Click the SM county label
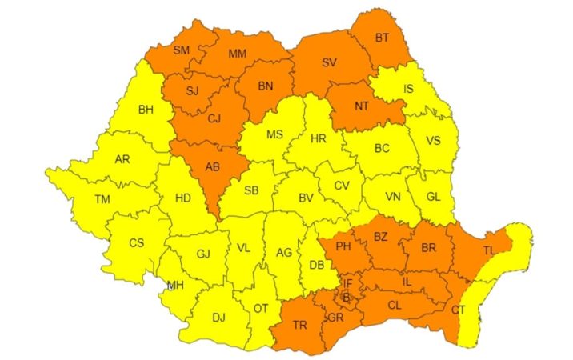coord(181,50)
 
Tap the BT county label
coord(383,37)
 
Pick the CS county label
coord(137,242)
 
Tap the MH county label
coord(175,285)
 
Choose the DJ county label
coord(218,317)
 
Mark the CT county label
coord(458,310)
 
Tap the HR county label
coord(318,139)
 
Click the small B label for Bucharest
coord(346,298)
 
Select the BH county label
coord(146,110)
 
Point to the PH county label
coord(344,246)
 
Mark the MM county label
coord(237,54)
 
